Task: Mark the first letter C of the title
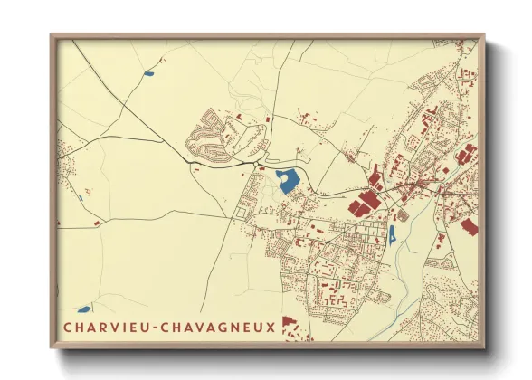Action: pos(68,327)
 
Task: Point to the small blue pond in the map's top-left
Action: pos(148,72)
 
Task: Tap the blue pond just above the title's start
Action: pos(84,309)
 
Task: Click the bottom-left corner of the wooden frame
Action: pos(52,347)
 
